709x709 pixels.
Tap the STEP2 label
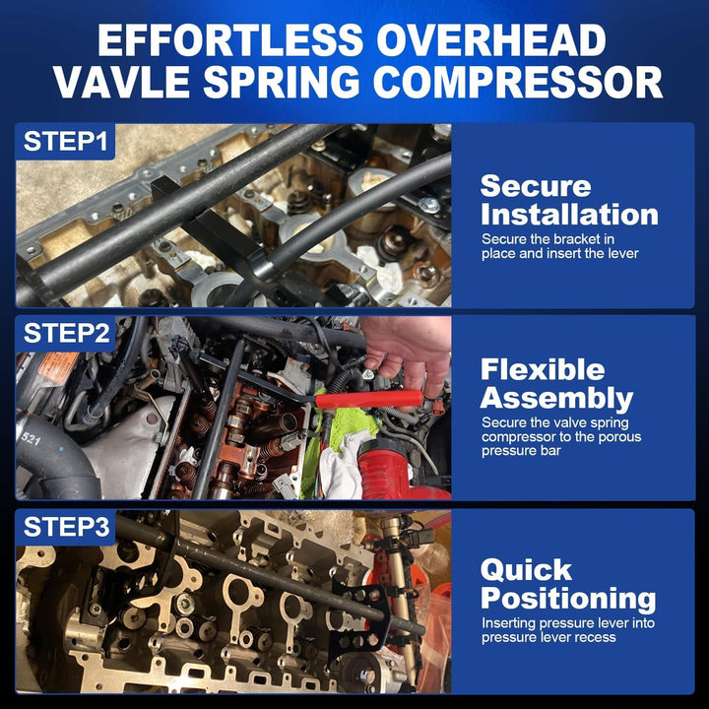point(65,334)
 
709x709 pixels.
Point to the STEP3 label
point(65,527)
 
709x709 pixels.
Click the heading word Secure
point(536,186)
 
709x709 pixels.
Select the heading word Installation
point(569,214)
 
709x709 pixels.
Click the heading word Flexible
point(543,370)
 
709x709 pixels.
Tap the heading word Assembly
point(556,398)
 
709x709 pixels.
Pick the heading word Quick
point(526,570)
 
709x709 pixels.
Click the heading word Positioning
point(568,598)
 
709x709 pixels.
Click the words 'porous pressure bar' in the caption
point(532,443)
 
